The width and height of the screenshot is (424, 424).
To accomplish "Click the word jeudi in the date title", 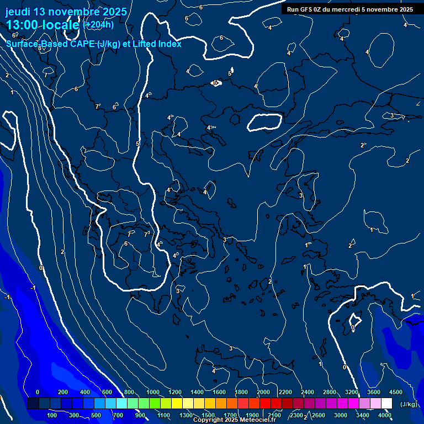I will coord(19,12).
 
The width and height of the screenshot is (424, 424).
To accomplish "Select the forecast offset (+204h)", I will coord(98,24).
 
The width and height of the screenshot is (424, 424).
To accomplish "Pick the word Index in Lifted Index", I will coord(170,44).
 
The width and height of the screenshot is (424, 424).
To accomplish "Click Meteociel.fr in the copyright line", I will coord(252,420).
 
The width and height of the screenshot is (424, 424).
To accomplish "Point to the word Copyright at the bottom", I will coord(208,420).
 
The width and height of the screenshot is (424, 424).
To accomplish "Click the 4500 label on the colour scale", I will coord(396,392).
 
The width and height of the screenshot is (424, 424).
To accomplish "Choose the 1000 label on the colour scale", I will coord(153,392).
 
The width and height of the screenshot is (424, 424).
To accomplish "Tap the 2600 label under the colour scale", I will coord(319,415).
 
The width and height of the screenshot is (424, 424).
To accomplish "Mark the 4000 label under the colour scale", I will coord(385,415).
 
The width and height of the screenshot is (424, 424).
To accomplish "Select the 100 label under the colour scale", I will coord(52,415).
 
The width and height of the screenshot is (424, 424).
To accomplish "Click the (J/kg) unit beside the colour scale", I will coord(408,404).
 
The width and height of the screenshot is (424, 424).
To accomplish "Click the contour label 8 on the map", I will coord(40,49).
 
